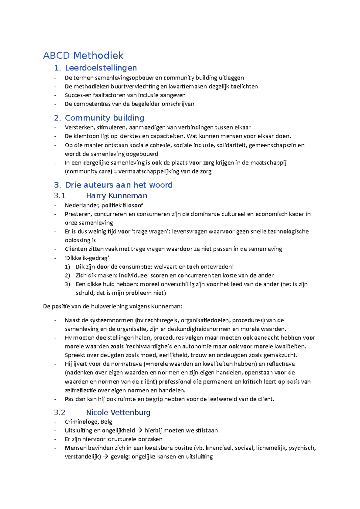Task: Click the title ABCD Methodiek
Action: (x=83, y=55)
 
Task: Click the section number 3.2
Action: (x=60, y=413)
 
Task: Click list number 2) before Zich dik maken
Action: (x=67, y=275)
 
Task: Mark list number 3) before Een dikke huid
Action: (x=67, y=284)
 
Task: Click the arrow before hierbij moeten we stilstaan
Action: (x=139, y=430)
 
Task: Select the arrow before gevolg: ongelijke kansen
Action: (x=106, y=457)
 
